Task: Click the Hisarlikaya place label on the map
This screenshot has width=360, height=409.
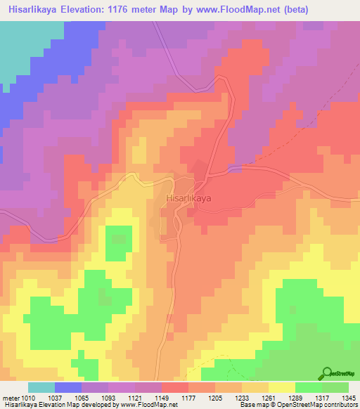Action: click(188, 199)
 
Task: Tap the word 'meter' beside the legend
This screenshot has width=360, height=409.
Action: click(11, 398)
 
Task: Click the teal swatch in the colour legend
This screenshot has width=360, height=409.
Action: click(41, 387)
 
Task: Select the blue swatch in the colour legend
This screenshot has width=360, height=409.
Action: click(67, 387)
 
